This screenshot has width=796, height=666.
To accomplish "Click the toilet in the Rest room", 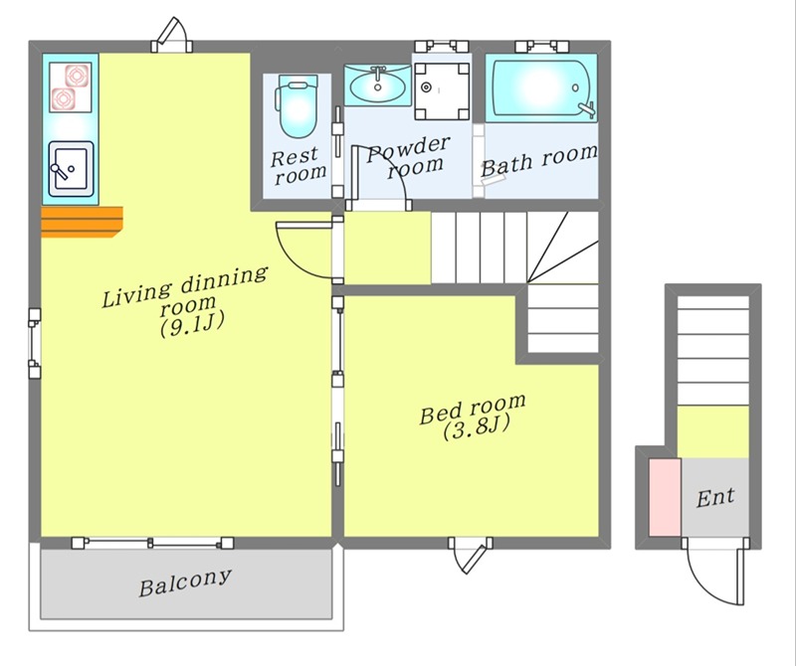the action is (297, 106).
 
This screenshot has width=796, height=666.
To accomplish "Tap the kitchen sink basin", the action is (71, 169).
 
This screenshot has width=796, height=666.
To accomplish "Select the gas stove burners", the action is (71, 87).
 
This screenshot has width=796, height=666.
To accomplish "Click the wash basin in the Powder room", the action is (378, 84).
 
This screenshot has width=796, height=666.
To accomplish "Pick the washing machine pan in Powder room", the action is (441, 90).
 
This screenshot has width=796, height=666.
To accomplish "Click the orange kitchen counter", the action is (82, 222).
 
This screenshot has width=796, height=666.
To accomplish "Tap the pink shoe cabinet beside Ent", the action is (665, 497).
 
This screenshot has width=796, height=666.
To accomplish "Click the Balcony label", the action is (185, 583).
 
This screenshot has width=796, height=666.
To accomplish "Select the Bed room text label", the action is (473, 408).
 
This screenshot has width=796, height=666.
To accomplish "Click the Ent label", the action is (715, 498).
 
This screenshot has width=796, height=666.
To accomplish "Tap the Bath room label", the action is (538, 160).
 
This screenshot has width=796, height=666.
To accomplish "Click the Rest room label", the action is (298, 165).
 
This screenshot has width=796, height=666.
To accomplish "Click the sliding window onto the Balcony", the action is (152, 544).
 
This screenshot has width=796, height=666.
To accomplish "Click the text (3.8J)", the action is (476, 428).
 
